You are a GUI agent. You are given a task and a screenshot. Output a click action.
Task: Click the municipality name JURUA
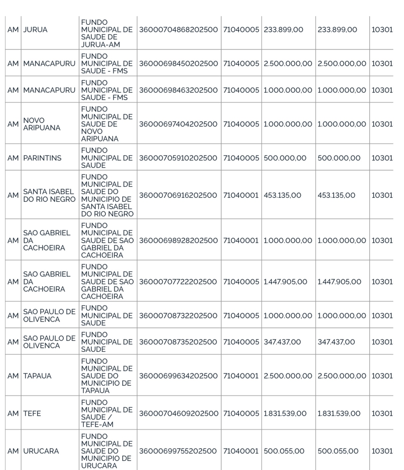35,30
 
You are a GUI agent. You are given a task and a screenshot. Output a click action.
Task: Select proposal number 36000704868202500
178,30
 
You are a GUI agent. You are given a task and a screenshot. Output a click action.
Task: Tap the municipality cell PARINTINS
42,158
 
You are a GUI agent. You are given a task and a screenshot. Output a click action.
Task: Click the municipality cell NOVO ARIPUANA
42,124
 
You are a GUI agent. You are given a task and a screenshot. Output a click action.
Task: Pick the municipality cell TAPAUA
37,376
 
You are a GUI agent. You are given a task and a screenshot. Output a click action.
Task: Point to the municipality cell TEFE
32,413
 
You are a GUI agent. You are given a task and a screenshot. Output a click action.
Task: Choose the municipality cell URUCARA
41,451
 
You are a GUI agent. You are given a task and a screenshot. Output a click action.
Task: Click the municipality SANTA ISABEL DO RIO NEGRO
49,195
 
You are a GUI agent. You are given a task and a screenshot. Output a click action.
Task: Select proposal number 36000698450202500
178,64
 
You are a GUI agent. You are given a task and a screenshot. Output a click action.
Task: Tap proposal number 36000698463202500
178,90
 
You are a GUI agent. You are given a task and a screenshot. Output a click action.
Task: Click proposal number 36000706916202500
178,195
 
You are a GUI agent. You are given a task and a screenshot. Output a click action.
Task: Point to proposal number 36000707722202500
178,282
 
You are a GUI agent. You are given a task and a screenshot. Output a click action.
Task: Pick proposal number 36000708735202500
178,342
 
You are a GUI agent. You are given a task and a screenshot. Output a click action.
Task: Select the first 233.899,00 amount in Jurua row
284,30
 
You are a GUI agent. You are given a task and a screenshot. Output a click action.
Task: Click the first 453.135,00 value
283,195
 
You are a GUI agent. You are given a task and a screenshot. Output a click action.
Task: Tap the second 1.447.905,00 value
339,282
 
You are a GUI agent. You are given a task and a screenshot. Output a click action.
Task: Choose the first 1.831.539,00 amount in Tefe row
285,413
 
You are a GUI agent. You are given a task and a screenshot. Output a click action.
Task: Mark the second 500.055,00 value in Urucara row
338,451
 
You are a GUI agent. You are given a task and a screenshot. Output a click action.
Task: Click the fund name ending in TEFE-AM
107,413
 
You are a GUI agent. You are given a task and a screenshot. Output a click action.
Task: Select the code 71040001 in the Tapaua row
241,376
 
